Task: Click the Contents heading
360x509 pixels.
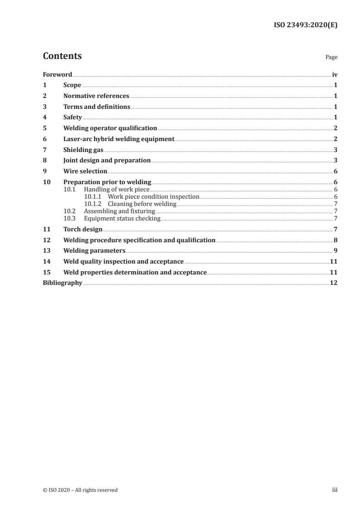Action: pyautogui.click(x=62, y=56)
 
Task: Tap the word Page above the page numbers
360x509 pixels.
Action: pyautogui.click(x=331, y=58)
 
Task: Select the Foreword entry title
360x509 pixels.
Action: pyautogui.click(x=57, y=74)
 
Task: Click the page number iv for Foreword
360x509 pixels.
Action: pyautogui.click(x=335, y=74)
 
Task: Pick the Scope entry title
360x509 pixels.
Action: pyautogui.click(x=72, y=85)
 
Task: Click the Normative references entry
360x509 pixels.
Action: pyautogui.click(x=96, y=96)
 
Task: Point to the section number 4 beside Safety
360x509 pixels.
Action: pyautogui.click(x=44, y=117)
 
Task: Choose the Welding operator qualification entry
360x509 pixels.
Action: pyautogui.click(x=110, y=128)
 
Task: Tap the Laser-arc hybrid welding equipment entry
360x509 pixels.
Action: pyautogui.click(x=118, y=139)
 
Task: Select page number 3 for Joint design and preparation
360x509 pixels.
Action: pyautogui.click(x=335, y=161)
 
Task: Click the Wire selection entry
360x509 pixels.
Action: pyautogui.click(x=85, y=171)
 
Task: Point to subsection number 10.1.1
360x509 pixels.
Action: pyautogui.click(x=93, y=197)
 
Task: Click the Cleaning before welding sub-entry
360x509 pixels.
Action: pyautogui.click(x=142, y=204)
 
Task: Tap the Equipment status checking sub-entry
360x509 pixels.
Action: pyautogui.click(x=122, y=219)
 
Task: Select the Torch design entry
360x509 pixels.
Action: pyautogui.click(x=83, y=230)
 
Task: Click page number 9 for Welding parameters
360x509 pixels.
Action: pyautogui.click(x=335, y=251)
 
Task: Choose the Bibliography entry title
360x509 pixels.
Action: pyautogui.click(x=62, y=283)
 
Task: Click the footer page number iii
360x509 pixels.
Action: pyautogui.click(x=335, y=490)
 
